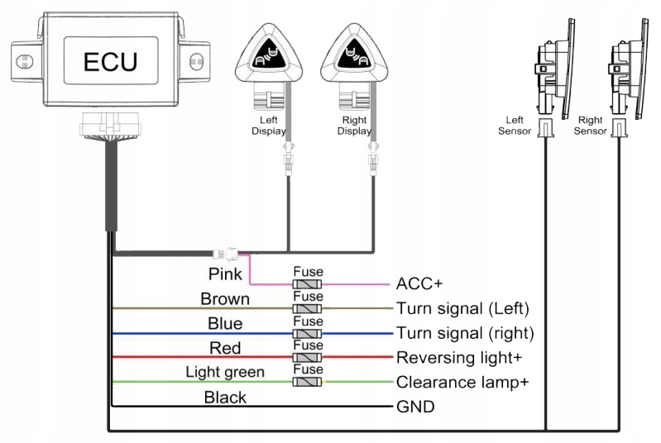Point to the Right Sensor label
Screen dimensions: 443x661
590,125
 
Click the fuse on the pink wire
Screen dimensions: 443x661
308,283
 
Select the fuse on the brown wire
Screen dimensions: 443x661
308,307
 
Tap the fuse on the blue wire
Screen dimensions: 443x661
308,333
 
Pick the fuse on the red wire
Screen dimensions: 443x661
308,357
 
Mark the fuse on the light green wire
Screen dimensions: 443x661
308,382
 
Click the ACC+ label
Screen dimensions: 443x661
419,283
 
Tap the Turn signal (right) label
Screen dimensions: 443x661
464,334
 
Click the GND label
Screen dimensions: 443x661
415,407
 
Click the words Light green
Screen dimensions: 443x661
225,372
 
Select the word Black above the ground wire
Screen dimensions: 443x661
225,398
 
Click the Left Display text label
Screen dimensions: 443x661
269,125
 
